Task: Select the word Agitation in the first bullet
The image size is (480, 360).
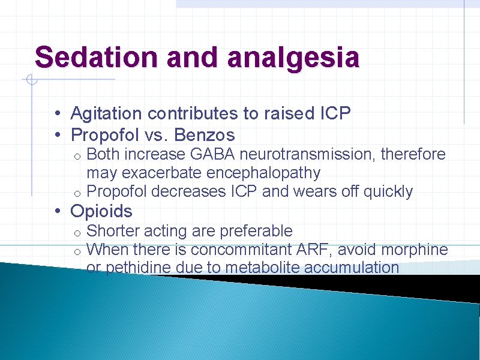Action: (x=106, y=113)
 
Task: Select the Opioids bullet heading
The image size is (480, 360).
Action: (x=101, y=211)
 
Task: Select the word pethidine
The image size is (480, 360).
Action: (x=139, y=268)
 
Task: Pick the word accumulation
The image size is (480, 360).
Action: (x=352, y=268)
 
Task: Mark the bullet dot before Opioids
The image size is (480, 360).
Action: (x=55, y=212)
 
